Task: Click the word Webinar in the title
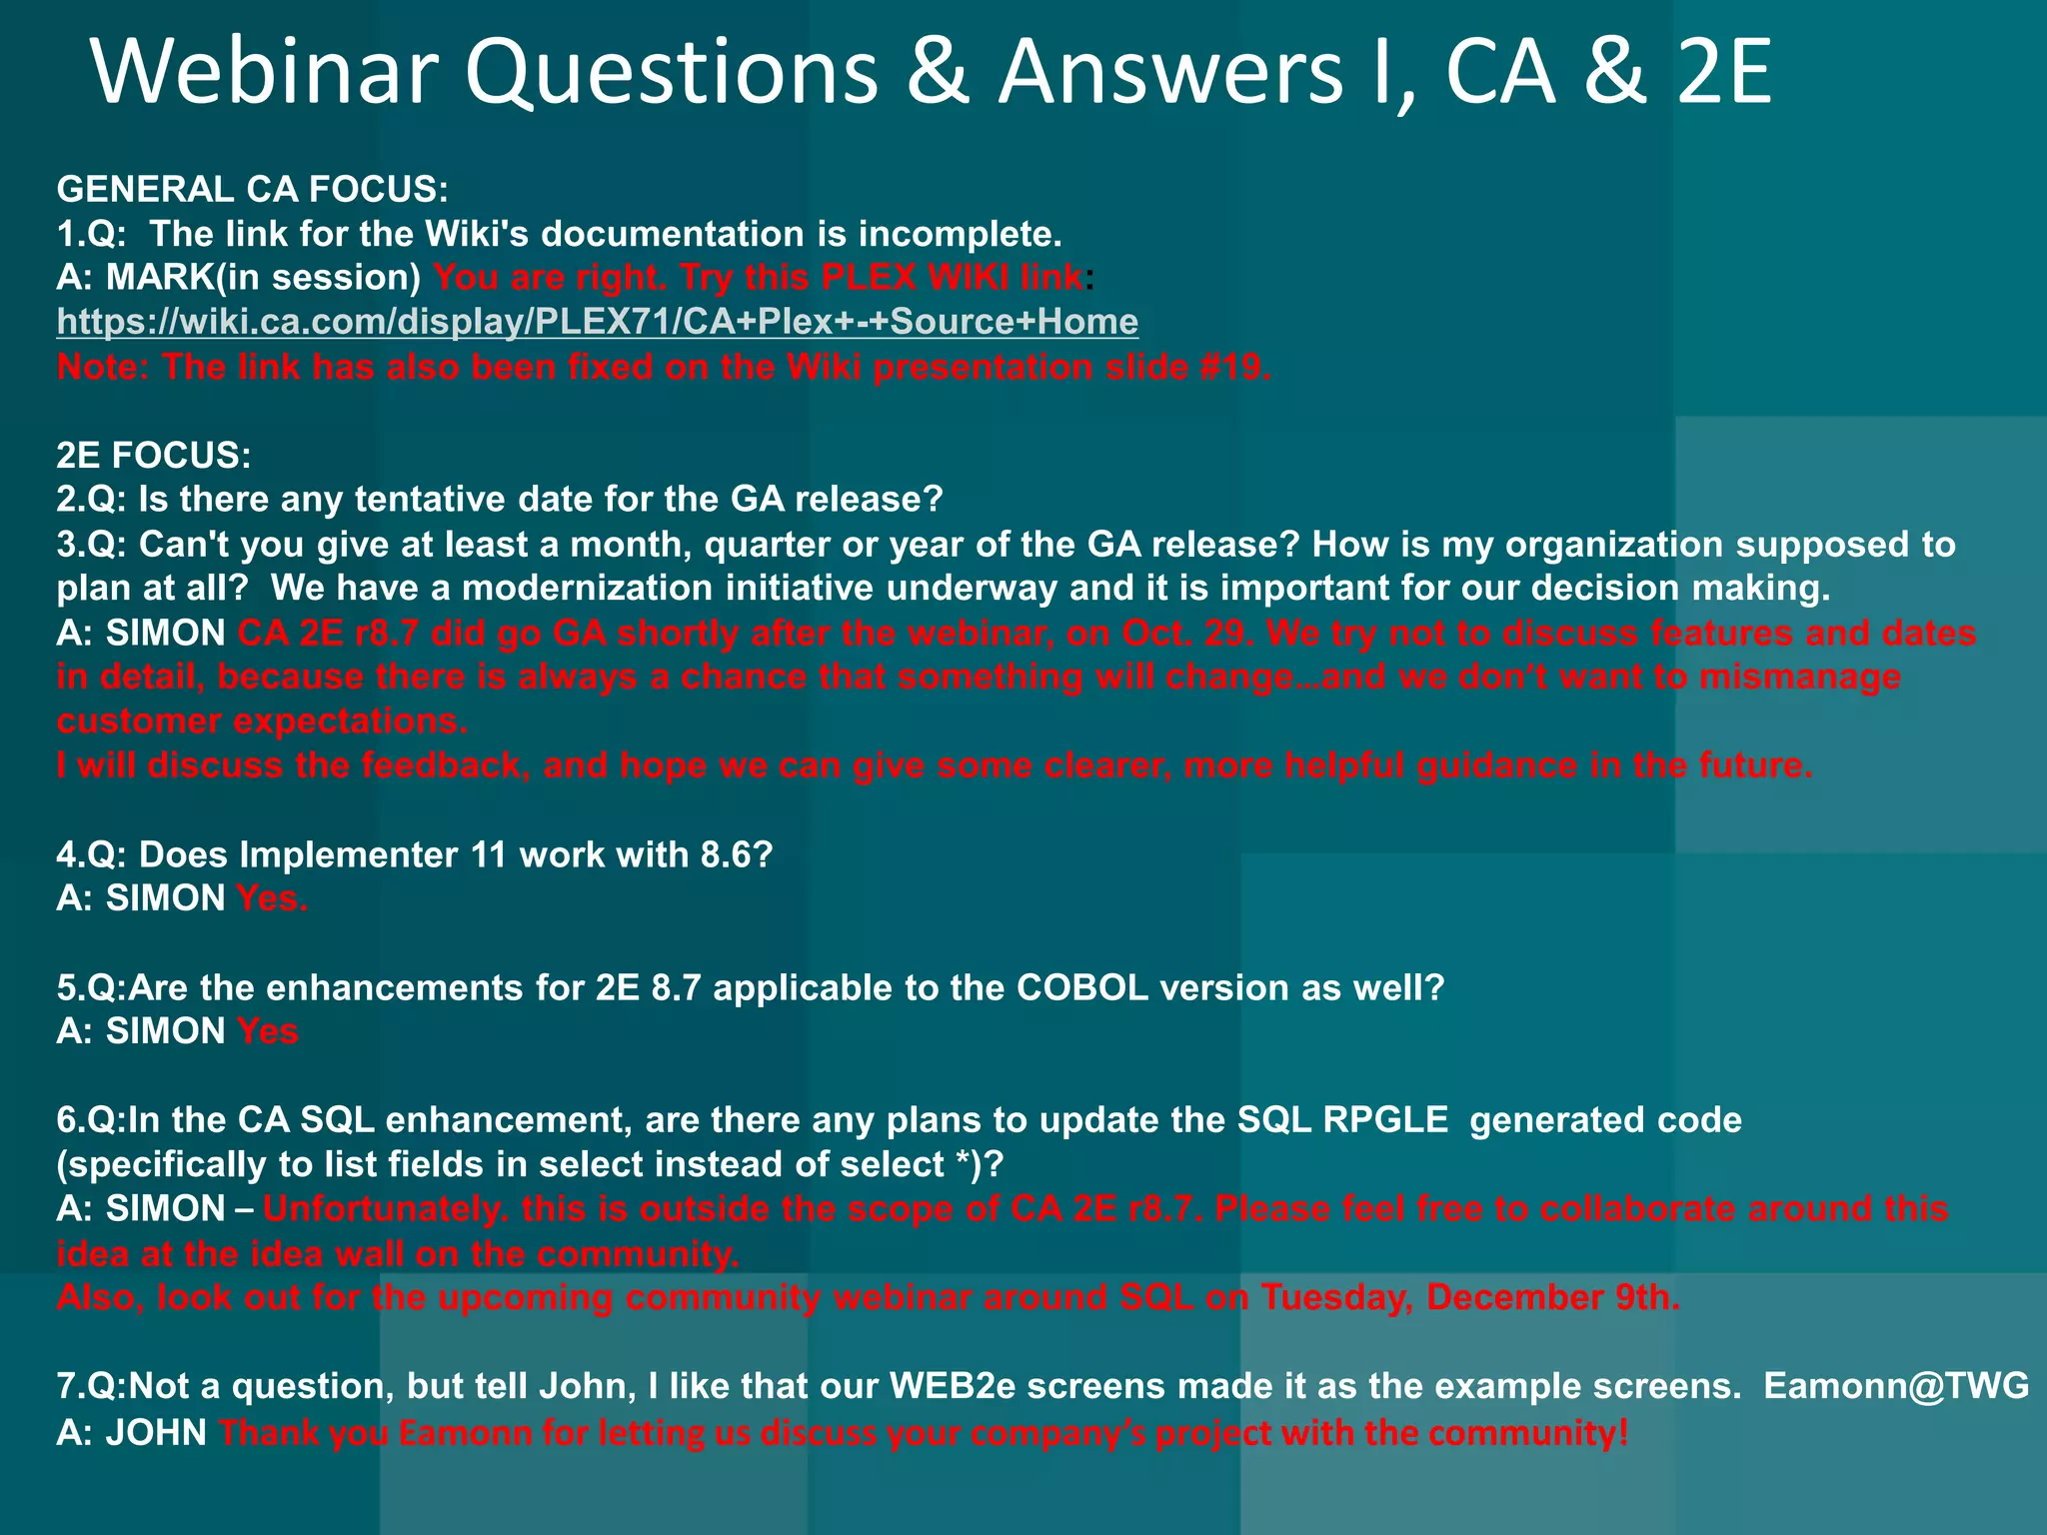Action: pyautogui.click(x=265, y=72)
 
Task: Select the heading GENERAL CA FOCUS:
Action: pyautogui.click(x=253, y=189)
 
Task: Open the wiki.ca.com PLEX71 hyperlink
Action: pyautogui.click(x=597, y=322)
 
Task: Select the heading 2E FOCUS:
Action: pyautogui.click(x=154, y=456)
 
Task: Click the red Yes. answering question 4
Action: pyautogui.click(x=272, y=899)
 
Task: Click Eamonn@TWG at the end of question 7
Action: pyautogui.click(x=1896, y=1386)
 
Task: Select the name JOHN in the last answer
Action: pyautogui.click(x=157, y=1433)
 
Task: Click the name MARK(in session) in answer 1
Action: pyautogui.click(x=263, y=278)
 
